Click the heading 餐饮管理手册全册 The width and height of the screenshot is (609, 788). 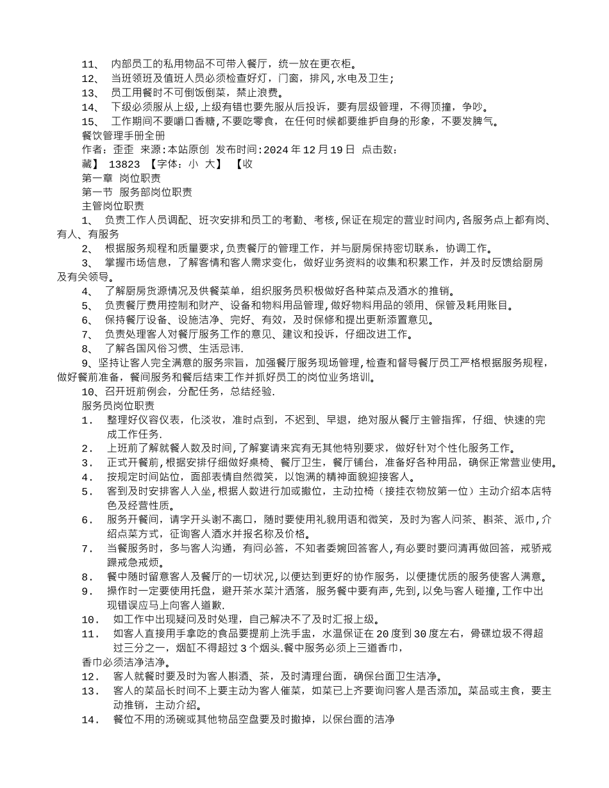click(x=115, y=135)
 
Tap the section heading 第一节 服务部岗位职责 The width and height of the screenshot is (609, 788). click(x=137, y=192)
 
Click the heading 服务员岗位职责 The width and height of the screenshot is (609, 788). click(x=118, y=406)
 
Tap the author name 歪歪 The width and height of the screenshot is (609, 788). click(x=123, y=149)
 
